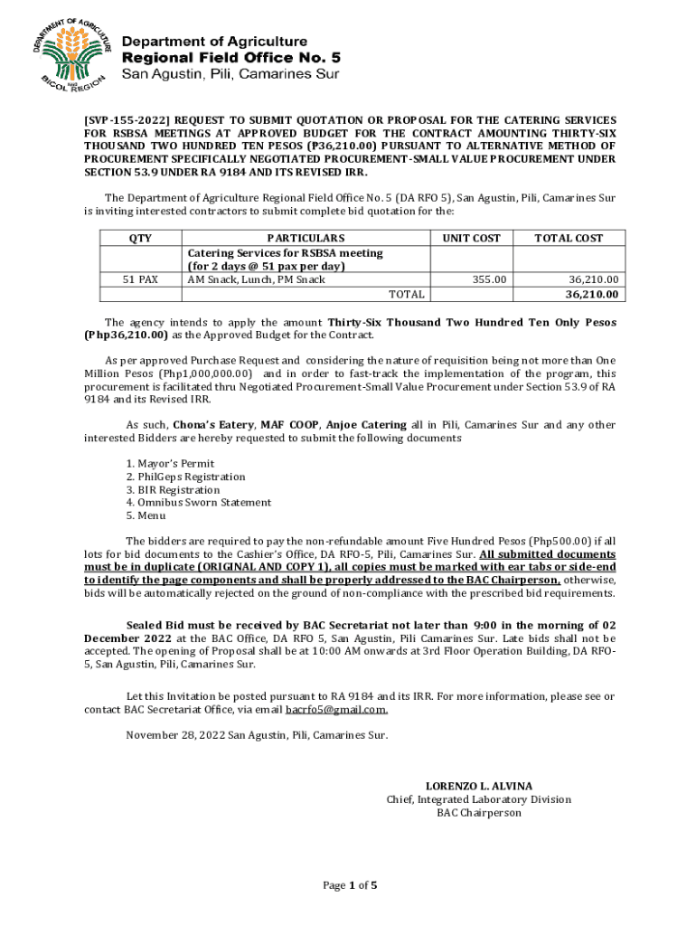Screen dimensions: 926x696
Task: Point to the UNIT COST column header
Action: [x=471, y=238]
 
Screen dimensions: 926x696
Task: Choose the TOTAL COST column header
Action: [x=569, y=238]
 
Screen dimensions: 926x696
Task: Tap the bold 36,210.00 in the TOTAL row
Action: [x=592, y=294]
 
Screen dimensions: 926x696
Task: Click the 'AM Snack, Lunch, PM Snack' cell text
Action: [x=256, y=280]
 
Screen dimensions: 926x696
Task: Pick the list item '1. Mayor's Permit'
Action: [x=164, y=464]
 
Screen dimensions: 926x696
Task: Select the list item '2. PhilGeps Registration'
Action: [x=185, y=477]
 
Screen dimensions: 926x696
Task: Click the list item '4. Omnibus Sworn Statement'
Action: [x=198, y=502]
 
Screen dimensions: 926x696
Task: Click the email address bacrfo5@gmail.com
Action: [x=337, y=710]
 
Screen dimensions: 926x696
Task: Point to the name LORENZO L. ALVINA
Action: [x=479, y=786]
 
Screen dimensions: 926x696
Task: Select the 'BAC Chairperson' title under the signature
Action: [x=479, y=813]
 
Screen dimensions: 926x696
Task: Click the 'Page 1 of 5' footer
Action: [x=350, y=885]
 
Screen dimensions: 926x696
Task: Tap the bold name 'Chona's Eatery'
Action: [x=214, y=424]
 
